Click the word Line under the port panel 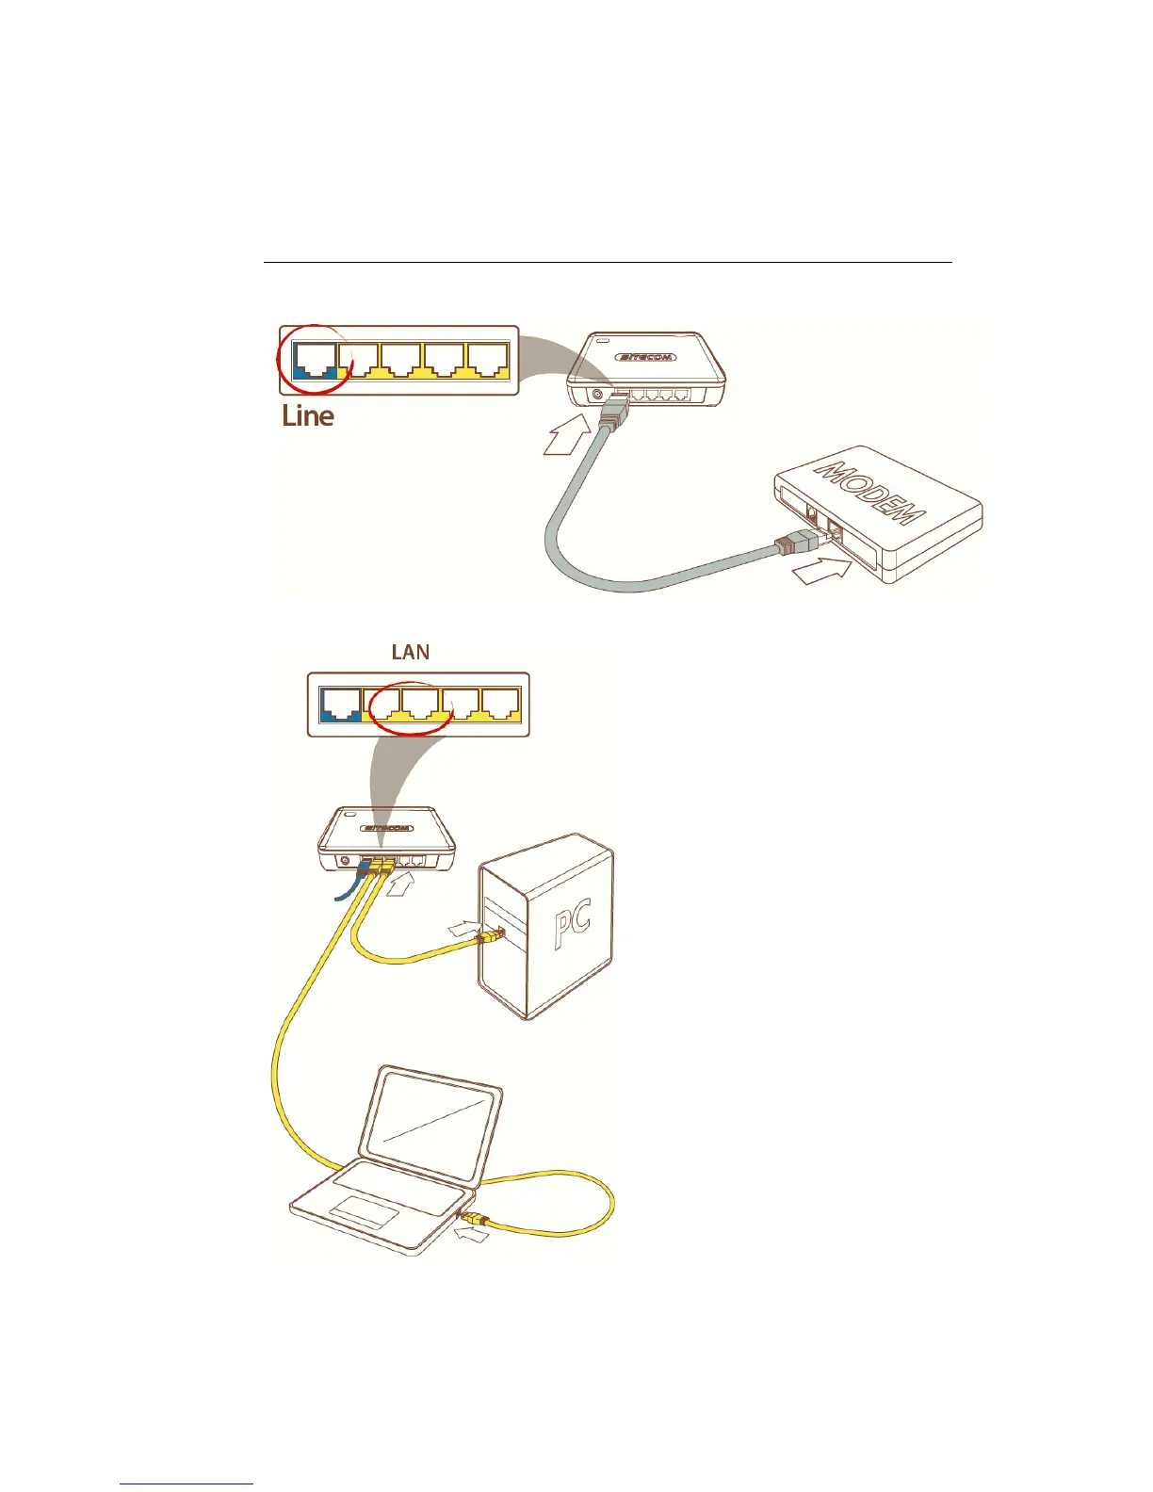pos(308,415)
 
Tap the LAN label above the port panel pos(411,652)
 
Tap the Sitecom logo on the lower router pos(386,829)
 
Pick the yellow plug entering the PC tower pos(490,936)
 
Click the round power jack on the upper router pos(596,395)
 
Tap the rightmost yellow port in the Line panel pos(489,360)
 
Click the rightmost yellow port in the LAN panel pos(500,704)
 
